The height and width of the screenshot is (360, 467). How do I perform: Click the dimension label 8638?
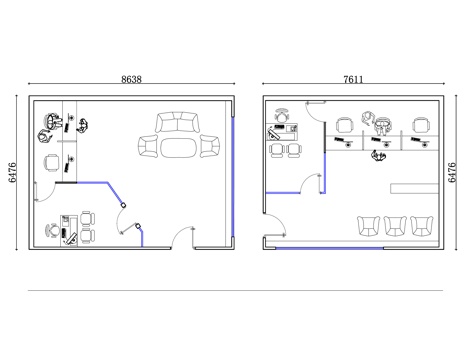tap(131, 79)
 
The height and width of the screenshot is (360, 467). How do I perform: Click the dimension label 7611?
tap(353, 79)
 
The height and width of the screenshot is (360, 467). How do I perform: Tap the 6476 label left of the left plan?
tap(12, 172)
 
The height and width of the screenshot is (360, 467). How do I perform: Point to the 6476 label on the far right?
tap(452, 172)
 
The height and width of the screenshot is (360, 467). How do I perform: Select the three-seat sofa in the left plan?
tap(177, 122)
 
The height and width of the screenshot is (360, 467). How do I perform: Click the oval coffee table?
tap(179, 148)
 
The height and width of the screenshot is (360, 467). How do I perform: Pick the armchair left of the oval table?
tap(148, 146)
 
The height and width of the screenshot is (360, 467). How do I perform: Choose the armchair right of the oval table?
tap(210, 146)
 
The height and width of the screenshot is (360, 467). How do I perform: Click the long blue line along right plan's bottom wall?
tap(329, 248)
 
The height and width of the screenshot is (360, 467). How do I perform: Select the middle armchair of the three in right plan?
tap(395, 226)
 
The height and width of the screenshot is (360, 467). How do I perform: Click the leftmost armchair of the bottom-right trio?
tap(369, 226)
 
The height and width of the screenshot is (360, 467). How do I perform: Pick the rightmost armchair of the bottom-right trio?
tap(422, 226)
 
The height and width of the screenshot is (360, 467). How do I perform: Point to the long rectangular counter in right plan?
tap(414, 188)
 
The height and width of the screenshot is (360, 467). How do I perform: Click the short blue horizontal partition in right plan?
tap(283, 193)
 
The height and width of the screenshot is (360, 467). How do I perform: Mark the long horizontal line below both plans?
tap(235, 290)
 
